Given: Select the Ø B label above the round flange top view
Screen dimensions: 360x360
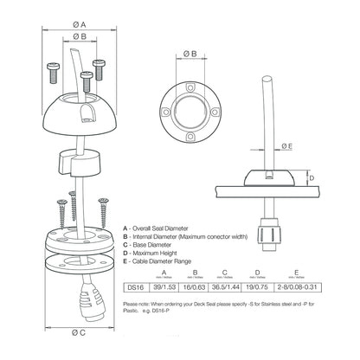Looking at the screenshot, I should (191, 53).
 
